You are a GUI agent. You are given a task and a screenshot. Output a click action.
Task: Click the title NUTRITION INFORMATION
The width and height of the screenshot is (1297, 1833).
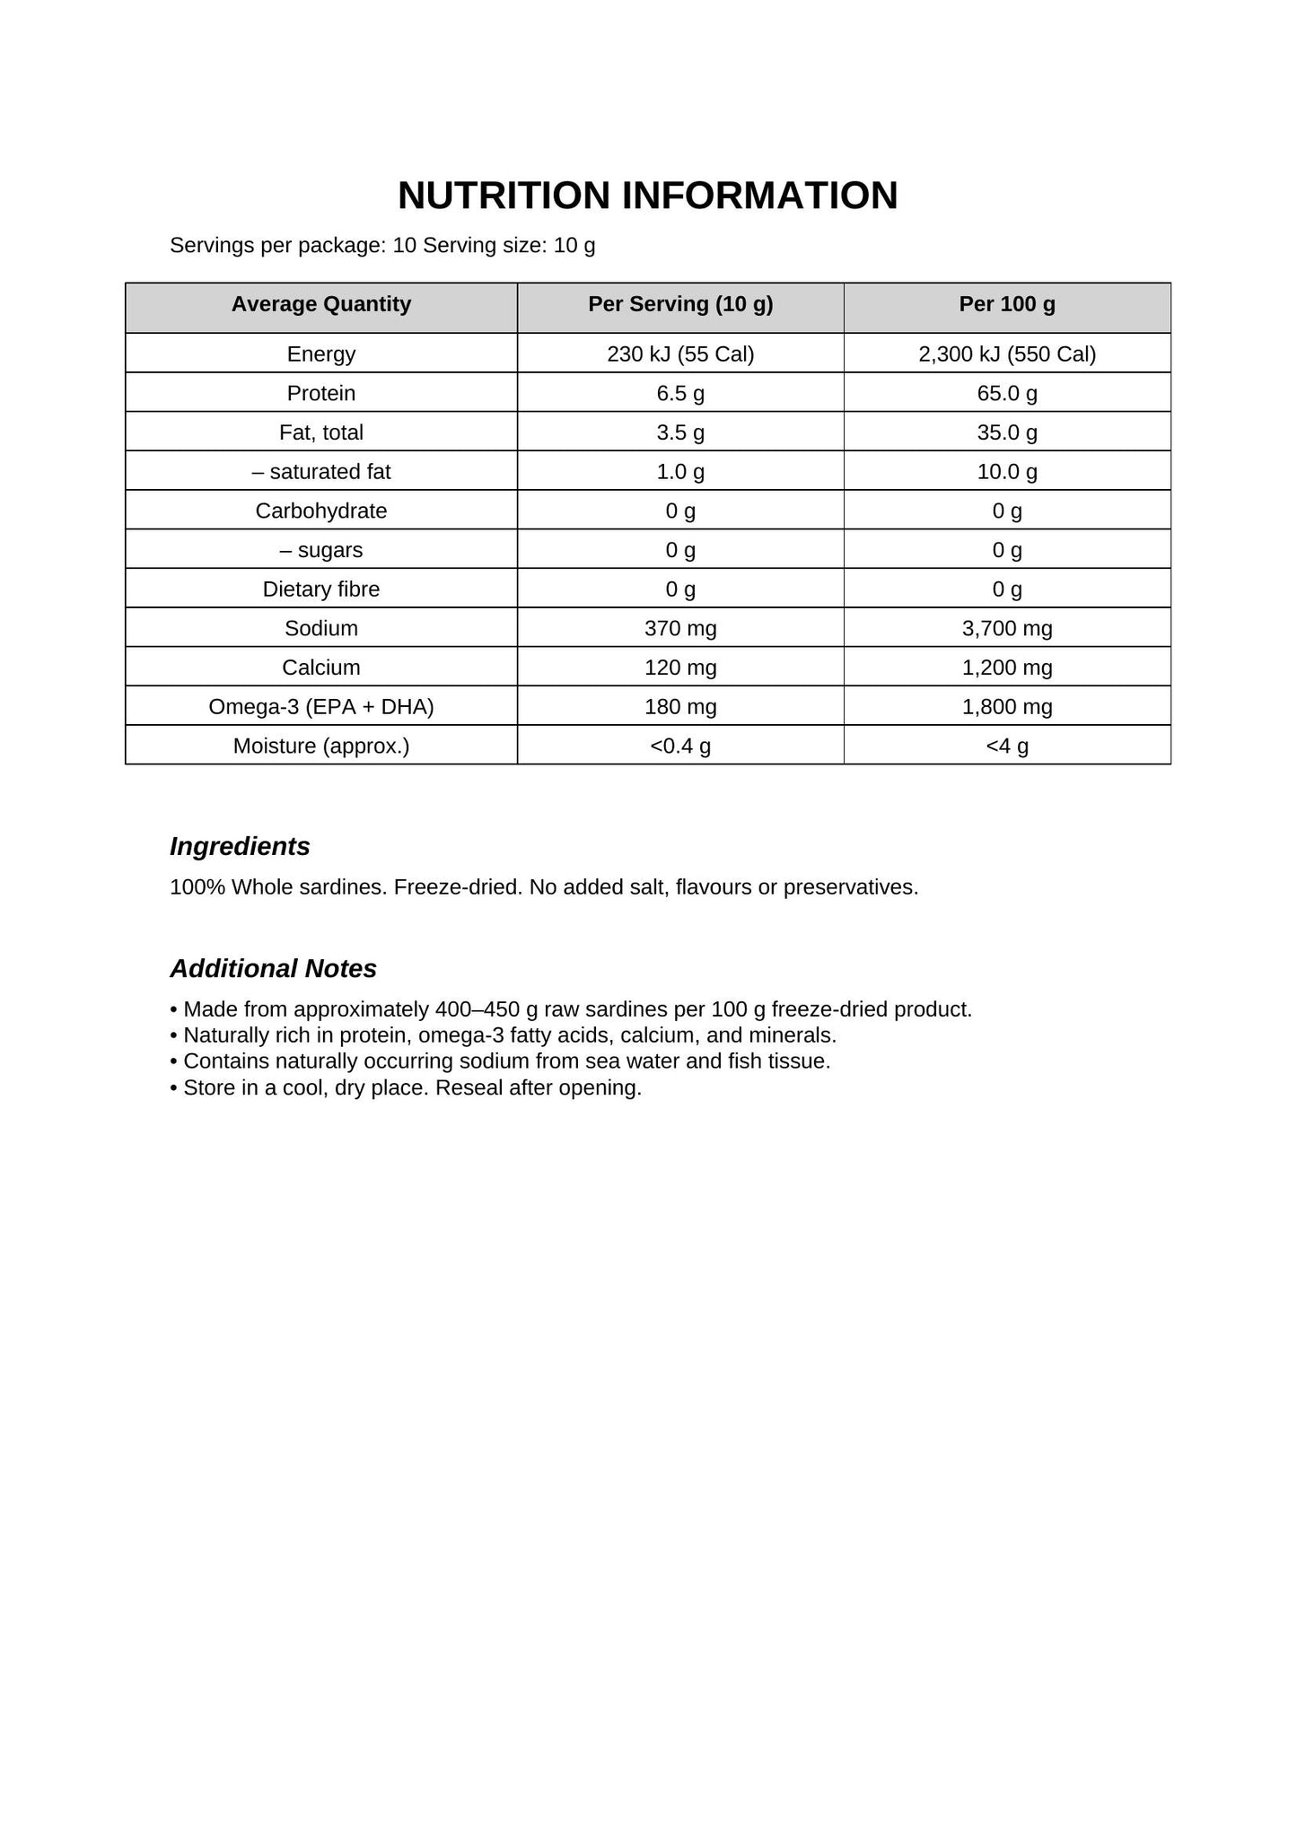tap(647, 196)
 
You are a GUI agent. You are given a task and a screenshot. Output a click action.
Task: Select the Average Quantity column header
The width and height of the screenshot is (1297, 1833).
tap(320, 304)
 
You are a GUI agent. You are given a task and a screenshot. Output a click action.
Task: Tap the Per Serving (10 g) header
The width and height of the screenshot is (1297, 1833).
tap(680, 304)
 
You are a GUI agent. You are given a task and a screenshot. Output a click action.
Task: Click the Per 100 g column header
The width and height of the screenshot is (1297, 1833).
tap(1007, 304)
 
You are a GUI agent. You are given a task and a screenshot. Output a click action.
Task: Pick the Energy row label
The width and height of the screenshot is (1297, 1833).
tap(320, 354)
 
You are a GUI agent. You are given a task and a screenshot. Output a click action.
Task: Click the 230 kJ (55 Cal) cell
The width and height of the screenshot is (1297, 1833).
tap(680, 354)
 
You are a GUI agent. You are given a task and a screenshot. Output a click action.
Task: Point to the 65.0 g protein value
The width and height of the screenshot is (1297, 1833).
tap(1007, 393)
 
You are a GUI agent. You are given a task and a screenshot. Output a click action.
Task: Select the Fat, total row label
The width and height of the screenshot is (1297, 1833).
tap(320, 432)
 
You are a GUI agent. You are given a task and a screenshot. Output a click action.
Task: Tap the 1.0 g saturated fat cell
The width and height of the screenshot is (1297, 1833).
tap(680, 472)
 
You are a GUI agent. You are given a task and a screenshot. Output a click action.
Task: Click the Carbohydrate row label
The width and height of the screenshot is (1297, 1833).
tap(320, 511)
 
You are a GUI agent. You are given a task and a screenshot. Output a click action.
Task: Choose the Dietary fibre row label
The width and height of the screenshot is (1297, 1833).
tap(320, 589)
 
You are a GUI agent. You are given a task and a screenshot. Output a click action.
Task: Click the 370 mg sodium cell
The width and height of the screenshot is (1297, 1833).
tap(680, 629)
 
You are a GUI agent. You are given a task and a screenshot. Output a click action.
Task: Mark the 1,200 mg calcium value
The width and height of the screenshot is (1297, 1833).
tap(1007, 668)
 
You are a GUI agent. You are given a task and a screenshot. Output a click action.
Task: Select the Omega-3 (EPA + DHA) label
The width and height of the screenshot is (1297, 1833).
tap(320, 707)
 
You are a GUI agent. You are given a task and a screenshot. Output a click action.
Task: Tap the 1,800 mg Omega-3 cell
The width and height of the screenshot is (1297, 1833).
tap(1007, 707)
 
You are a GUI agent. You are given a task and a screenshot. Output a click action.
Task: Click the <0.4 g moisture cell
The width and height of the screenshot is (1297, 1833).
tap(680, 746)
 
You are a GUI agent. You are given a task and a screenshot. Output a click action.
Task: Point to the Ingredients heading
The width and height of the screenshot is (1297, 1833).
tap(240, 846)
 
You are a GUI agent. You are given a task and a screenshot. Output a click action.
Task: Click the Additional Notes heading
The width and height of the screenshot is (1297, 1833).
tap(273, 969)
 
